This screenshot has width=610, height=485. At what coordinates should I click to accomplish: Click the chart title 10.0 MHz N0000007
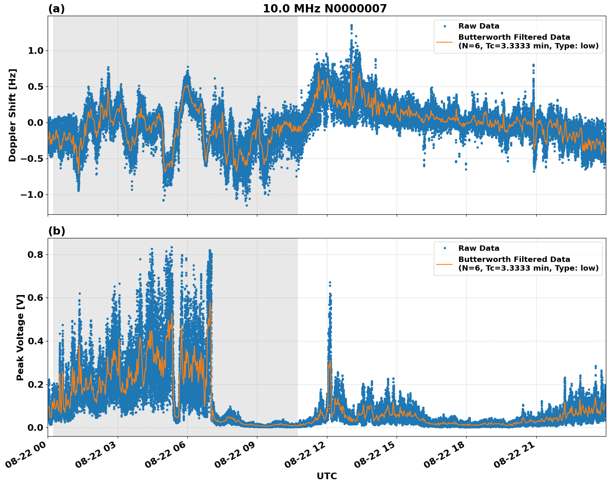point(324,9)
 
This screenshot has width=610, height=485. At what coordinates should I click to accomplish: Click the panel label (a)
point(56,9)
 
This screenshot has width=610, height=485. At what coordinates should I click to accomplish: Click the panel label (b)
point(56,231)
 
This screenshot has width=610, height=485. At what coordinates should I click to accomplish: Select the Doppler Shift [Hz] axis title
point(12,115)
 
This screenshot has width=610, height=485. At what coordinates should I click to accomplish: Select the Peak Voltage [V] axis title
point(20,337)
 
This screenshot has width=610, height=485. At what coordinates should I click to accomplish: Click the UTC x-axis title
point(327,476)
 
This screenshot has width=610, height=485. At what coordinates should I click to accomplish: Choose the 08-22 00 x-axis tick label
point(27,457)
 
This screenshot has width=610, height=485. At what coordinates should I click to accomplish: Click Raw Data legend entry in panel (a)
point(479,26)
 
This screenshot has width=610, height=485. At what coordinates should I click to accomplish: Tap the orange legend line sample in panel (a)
point(444,41)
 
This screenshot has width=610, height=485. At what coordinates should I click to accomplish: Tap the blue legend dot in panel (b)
point(445,248)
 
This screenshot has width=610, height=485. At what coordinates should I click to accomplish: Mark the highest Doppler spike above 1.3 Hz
point(351,26)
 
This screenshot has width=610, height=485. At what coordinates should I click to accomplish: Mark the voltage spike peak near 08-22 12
point(330,283)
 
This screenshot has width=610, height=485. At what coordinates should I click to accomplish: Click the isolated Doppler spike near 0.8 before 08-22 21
point(533,65)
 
